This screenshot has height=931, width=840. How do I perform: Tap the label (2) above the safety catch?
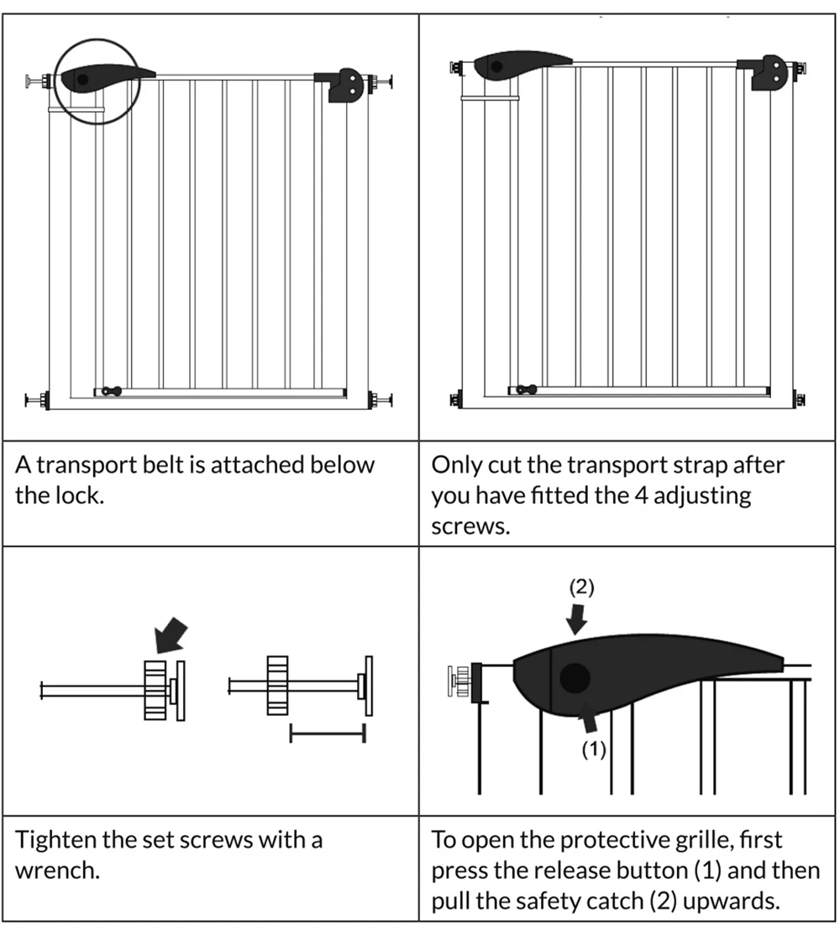click(581, 587)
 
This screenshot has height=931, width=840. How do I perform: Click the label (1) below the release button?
click(594, 750)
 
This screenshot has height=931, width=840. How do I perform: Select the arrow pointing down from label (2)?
click(577, 619)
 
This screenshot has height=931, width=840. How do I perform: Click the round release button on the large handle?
click(575, 677)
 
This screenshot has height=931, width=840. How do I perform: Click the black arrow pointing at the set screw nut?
click(172, 634)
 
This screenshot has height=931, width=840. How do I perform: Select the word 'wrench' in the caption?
click(57, 870)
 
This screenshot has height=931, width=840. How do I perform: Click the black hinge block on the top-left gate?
click(343, 85)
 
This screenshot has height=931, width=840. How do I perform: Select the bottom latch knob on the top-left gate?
click(110, 391)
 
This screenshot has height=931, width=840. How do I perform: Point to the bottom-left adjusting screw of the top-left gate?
click(36, 400)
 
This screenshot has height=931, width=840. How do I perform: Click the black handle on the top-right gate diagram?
click(520, 66)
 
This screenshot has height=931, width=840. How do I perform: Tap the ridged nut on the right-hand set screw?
click(278, 686)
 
